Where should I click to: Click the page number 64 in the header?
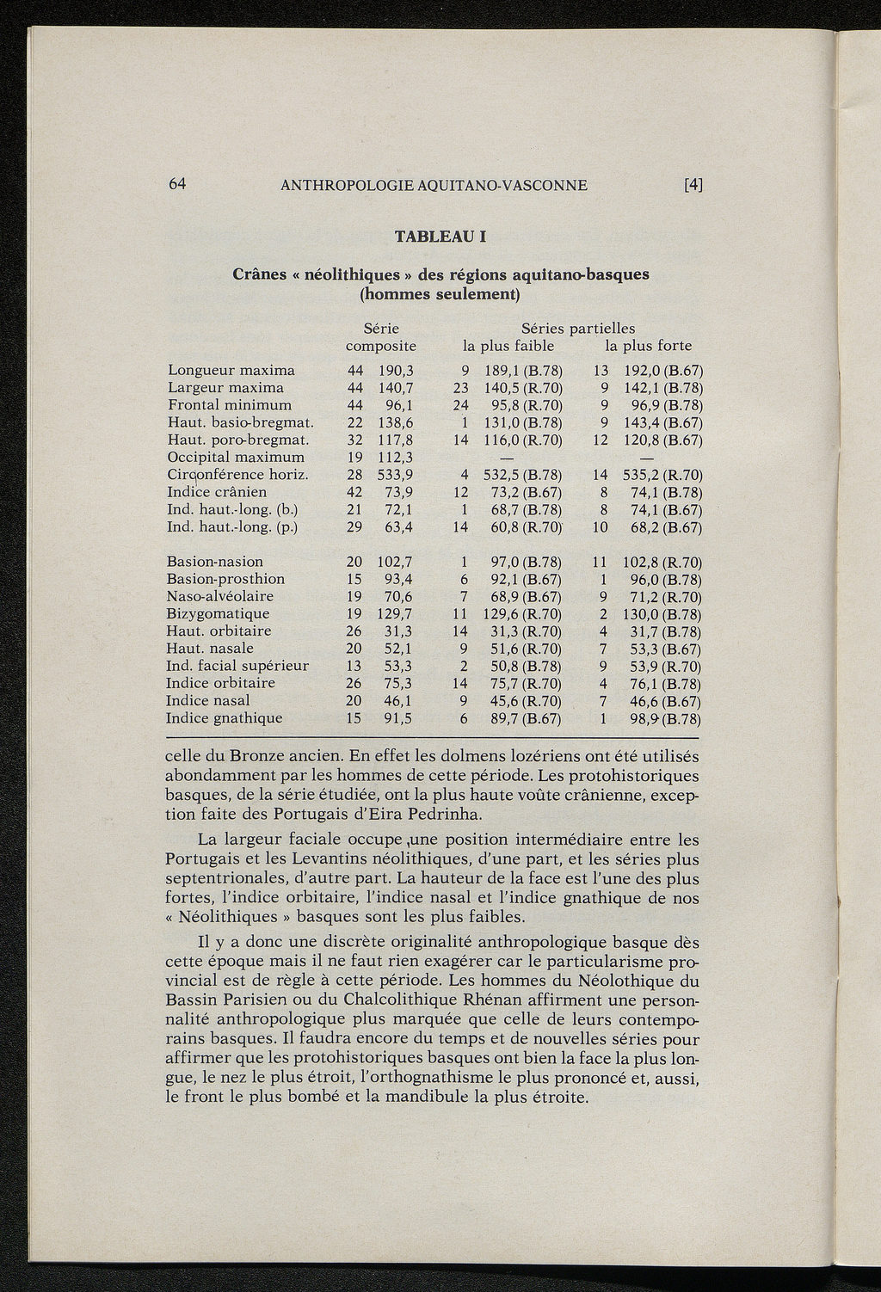(178, 184)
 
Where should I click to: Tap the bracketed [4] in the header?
(693, 185)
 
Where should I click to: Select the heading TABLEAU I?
(440, 236)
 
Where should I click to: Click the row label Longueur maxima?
(231, 371)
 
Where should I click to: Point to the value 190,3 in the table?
(397, 371)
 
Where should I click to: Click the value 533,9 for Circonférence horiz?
(397, 475)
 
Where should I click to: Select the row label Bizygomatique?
(218, 614)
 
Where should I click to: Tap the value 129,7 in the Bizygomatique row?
(396, 614)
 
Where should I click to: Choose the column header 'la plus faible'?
(508, 347)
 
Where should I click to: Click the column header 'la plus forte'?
(648, 347)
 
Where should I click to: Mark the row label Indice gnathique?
(224, 718)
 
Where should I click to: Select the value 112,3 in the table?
(397, 457)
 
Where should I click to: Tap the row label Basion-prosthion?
(225, 579)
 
